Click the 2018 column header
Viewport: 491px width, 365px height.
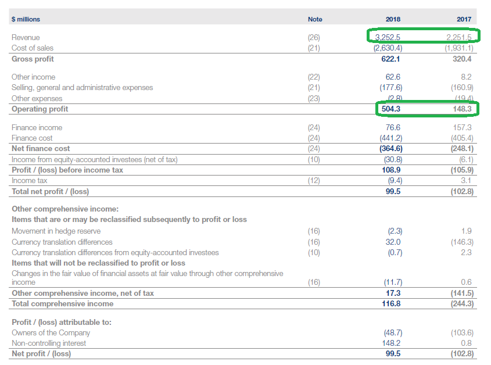point(393,19)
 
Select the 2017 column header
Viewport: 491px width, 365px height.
point(464,19)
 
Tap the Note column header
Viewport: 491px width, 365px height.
point(315,19)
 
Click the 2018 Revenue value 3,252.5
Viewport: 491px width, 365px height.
point(388,37)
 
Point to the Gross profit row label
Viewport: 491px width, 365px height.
point(33,59)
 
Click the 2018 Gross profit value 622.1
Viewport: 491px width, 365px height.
point(391,59)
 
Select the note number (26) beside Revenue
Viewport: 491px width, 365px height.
point(314,37)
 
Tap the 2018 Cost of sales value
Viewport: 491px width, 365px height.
point(387,48)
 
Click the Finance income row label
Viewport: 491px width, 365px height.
point(37,127)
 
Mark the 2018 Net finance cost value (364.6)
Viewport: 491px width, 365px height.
point(387,148)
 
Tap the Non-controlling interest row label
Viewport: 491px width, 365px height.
point(49,343)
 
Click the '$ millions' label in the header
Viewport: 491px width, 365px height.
point(26,19)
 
